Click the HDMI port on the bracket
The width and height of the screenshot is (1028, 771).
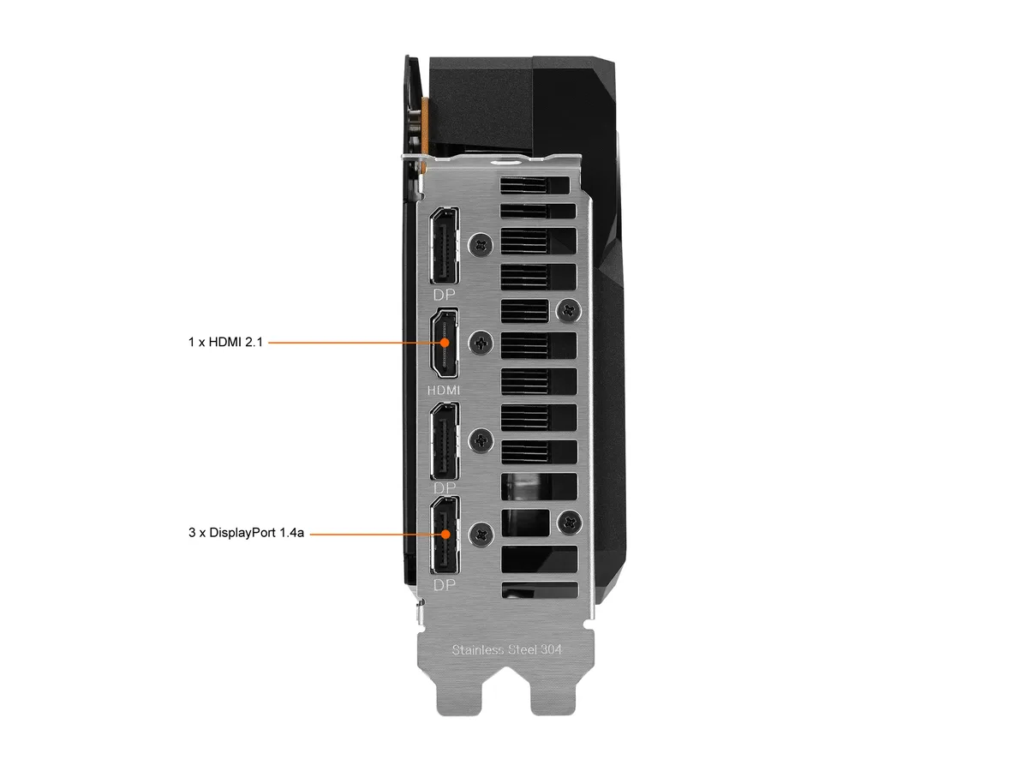click(x=445, y=344)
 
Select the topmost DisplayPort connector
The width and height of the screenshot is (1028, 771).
click(x=445, y=245)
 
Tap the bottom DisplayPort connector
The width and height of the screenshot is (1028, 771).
click(x=445, y=535)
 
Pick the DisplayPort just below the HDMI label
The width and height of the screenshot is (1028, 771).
click(x=445, y=440)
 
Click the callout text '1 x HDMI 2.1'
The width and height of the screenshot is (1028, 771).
click(x=225, y=342)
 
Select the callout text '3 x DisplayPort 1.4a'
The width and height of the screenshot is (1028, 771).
click(x=246, y=533)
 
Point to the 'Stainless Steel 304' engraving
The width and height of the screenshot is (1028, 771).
click(x=506, y=649)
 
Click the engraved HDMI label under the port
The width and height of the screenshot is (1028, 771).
click(x=444, y=390)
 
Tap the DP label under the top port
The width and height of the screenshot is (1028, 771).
click(x=444, y=295)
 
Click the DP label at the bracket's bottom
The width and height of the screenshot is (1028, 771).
click(x=444, y=585)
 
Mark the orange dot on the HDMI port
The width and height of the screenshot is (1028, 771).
click(x=445, y=343)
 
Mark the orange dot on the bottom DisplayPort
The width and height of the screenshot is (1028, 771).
click(x=445, y=534)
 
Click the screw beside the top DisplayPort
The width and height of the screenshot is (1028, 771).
click(x=481, y=245)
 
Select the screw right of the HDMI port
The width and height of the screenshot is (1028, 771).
click(x=481, y=344)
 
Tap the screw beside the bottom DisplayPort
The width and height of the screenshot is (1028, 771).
click(x=481, y=535)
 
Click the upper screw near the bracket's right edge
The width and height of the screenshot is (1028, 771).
click(x=569, y=310)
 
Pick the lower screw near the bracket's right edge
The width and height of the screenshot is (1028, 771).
click(x=570, y=522)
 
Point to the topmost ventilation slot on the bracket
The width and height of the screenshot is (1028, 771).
click(x=535, y=185)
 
